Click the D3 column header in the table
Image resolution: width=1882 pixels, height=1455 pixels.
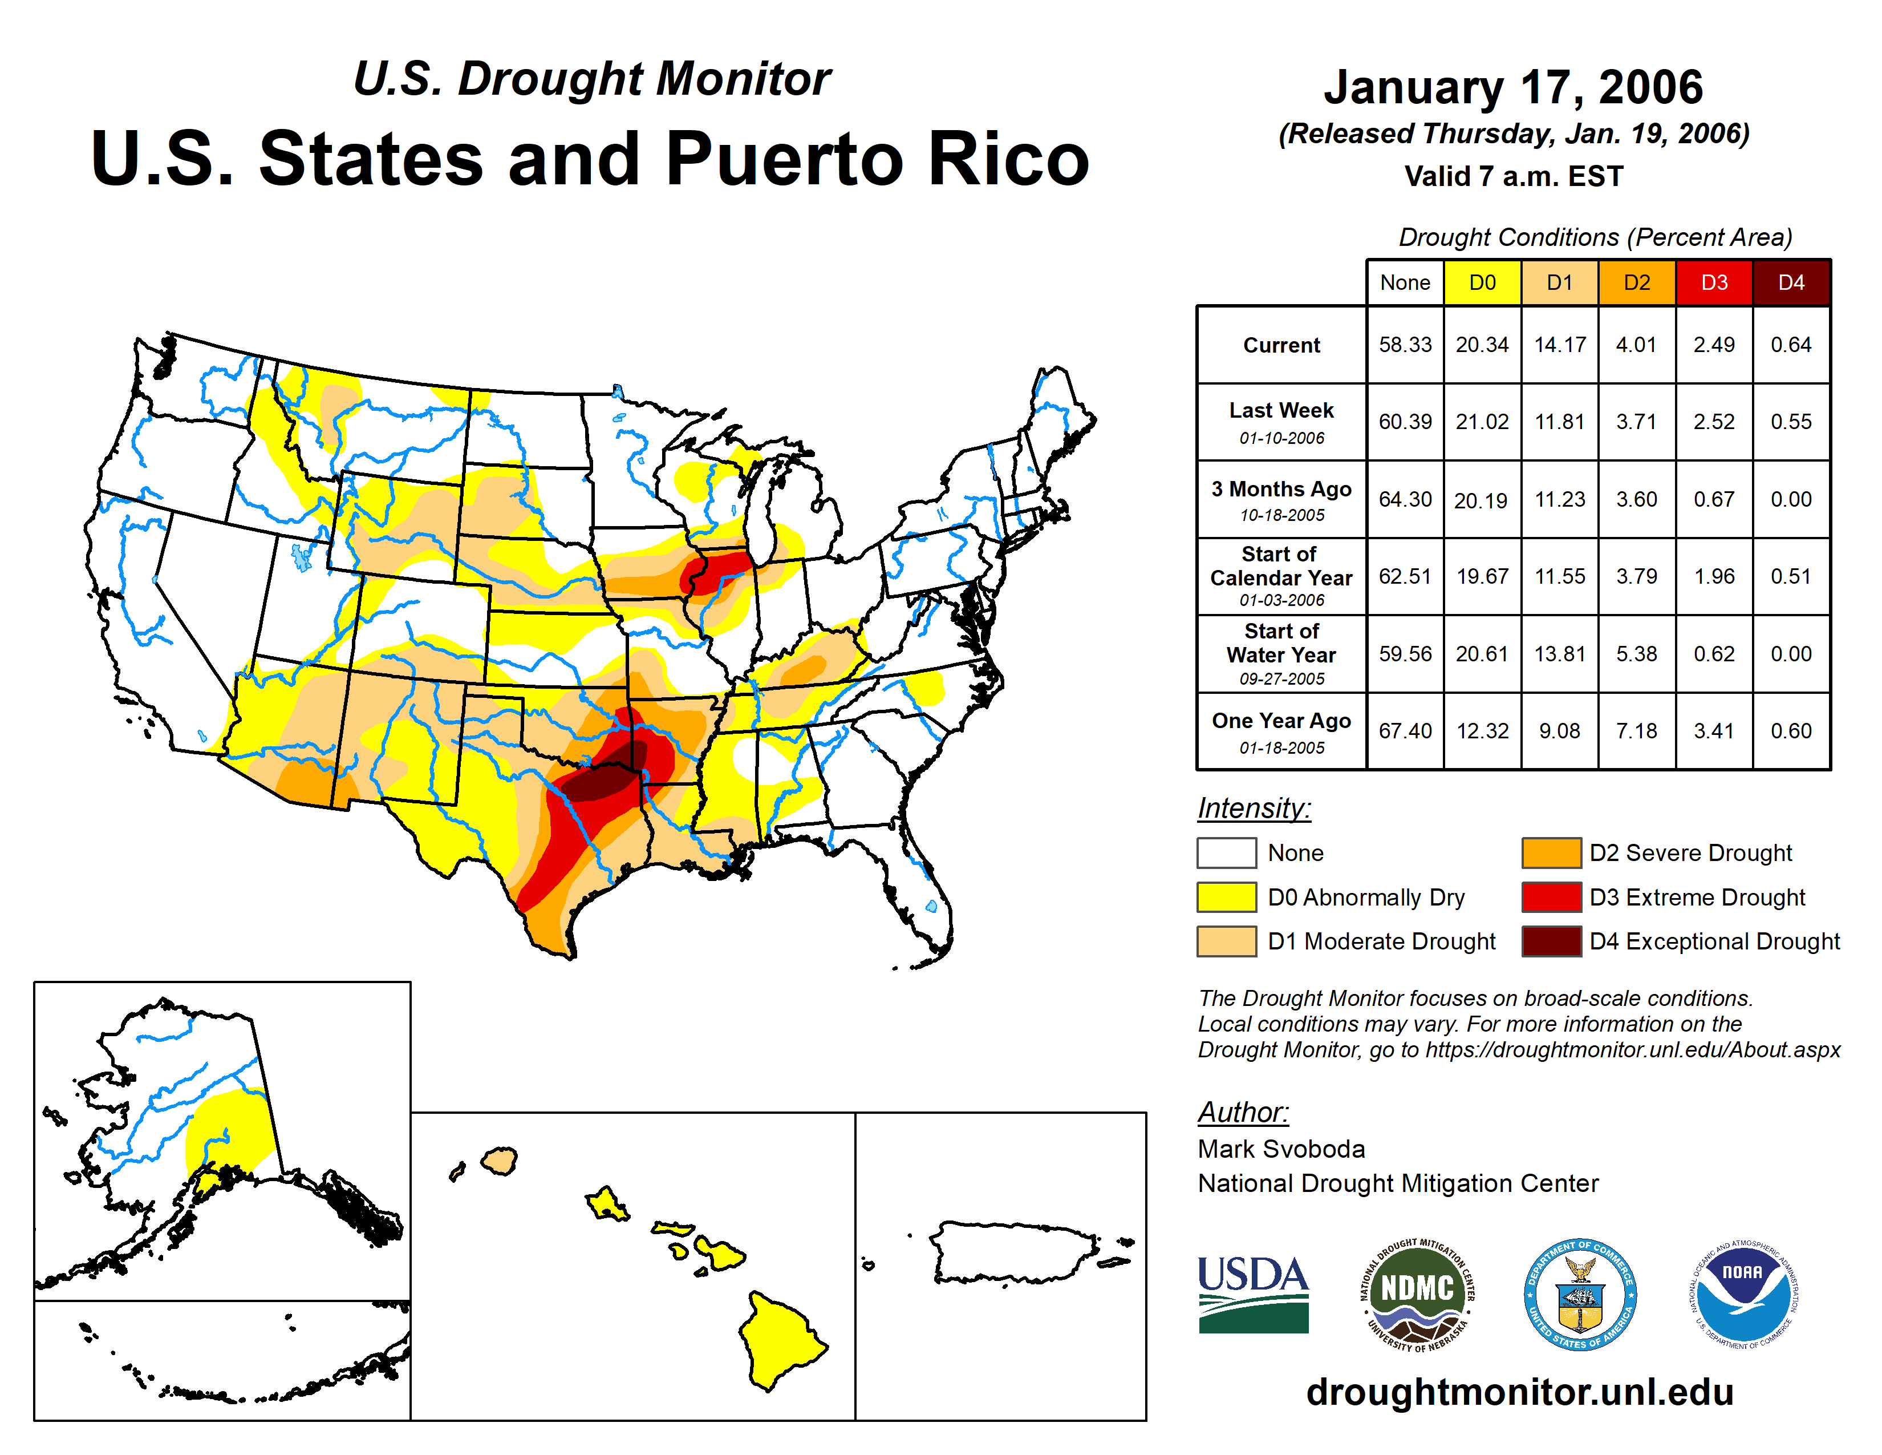coord(1713,282)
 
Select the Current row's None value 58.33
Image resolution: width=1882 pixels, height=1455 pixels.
coord(1405,345)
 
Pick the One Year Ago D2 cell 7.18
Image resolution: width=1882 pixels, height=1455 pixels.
coord(1636,731)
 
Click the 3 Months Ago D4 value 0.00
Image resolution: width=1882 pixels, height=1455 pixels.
coord(1791,499)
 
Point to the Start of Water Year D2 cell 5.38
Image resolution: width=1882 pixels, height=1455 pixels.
coord(1636,654)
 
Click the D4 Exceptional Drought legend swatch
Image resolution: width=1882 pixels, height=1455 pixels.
coord(1550,941)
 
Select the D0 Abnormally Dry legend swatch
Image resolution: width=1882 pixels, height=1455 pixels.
coord(1226,898)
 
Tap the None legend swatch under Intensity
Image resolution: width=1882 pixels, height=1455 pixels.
coord(1226,852)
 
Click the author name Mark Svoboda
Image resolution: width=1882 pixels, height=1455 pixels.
coord(1280,1149)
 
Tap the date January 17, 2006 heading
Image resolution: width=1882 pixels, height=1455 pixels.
coord(1513,87)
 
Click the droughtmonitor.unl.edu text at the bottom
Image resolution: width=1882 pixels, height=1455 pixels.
coord(1519,1392)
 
